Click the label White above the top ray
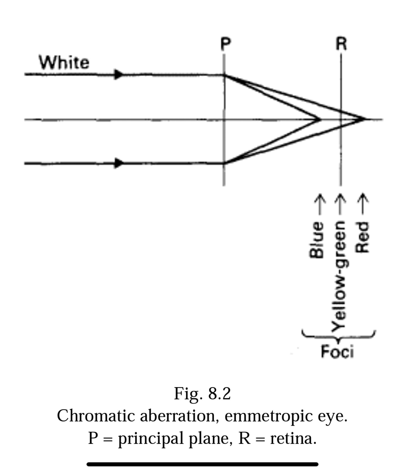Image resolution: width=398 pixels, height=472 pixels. [x=64, y=62]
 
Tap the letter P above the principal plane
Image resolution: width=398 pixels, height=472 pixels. [x=226, y=44]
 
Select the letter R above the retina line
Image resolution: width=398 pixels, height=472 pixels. [x=341, y=44]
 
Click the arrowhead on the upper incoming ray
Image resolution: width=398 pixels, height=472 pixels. [x=119, y=74]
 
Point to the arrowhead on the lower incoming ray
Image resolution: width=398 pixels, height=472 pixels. [x=119, y=163]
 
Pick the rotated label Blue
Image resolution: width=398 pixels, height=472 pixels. [x=317, y=239]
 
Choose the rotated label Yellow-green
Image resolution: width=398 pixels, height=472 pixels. [x=339, y=276]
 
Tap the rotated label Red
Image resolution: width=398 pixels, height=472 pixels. [x=362, y=237]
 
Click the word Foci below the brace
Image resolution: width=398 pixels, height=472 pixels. [x=337, y=351]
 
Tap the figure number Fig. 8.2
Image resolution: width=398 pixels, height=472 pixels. [x=202, y=393]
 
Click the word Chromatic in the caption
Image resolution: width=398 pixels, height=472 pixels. [x=95, y=416]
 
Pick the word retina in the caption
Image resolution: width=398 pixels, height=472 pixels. [x=293, y=438]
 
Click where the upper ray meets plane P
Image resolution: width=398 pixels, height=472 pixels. [x=224, y=75]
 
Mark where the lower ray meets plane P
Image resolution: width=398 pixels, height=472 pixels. [x=224, y=163]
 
